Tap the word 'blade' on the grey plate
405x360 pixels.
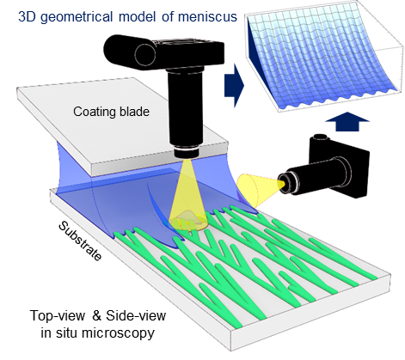pos(134,111)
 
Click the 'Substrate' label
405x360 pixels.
pos(80,241)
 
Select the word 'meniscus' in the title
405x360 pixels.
pos(207,16)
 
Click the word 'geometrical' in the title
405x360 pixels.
pos(77,17)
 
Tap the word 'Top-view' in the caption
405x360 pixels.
pos(58,316)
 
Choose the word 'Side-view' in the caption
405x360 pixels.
pos(136,315)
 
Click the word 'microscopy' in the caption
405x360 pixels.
pos(118,333)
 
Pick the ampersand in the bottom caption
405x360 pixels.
pos(97,316)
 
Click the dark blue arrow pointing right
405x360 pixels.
pos(234,85)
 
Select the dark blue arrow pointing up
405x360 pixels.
pos(347,122)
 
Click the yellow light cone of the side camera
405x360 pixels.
pos(257,190)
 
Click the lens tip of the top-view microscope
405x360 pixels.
pos(187,152)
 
